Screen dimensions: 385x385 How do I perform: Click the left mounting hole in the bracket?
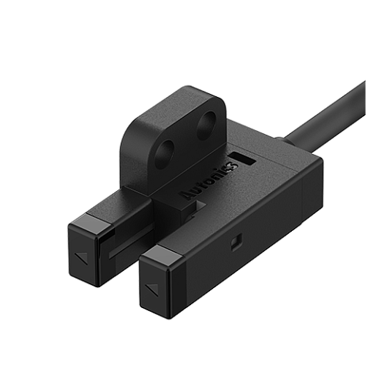point(165,153)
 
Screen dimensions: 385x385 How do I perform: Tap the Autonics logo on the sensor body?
point(209,179)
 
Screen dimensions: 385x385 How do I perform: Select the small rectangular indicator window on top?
point(243,159)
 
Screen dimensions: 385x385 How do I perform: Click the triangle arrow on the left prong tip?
point(81,257)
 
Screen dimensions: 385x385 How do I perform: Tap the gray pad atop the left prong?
point(99,224)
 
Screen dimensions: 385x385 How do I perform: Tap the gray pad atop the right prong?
point(169,255)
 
